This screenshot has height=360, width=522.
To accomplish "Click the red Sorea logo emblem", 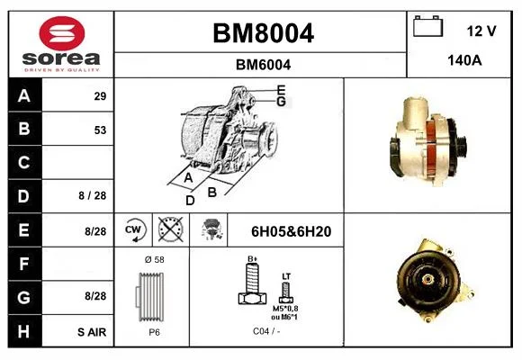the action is (62, 33).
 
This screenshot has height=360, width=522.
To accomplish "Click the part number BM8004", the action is (263, 33).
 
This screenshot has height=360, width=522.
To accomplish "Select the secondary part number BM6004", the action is (263, 65).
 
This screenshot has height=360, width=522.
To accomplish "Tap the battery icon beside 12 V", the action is (427, 26).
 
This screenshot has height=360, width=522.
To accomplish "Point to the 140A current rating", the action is (464, 60).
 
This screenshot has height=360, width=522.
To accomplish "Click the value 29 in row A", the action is (100, 96).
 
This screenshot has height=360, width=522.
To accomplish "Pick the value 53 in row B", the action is (100, 130).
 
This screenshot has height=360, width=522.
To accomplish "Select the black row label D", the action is (24, 196).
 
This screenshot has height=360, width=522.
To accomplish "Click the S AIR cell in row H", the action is (92, 332).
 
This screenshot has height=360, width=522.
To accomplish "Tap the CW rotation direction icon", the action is (134, 229).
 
